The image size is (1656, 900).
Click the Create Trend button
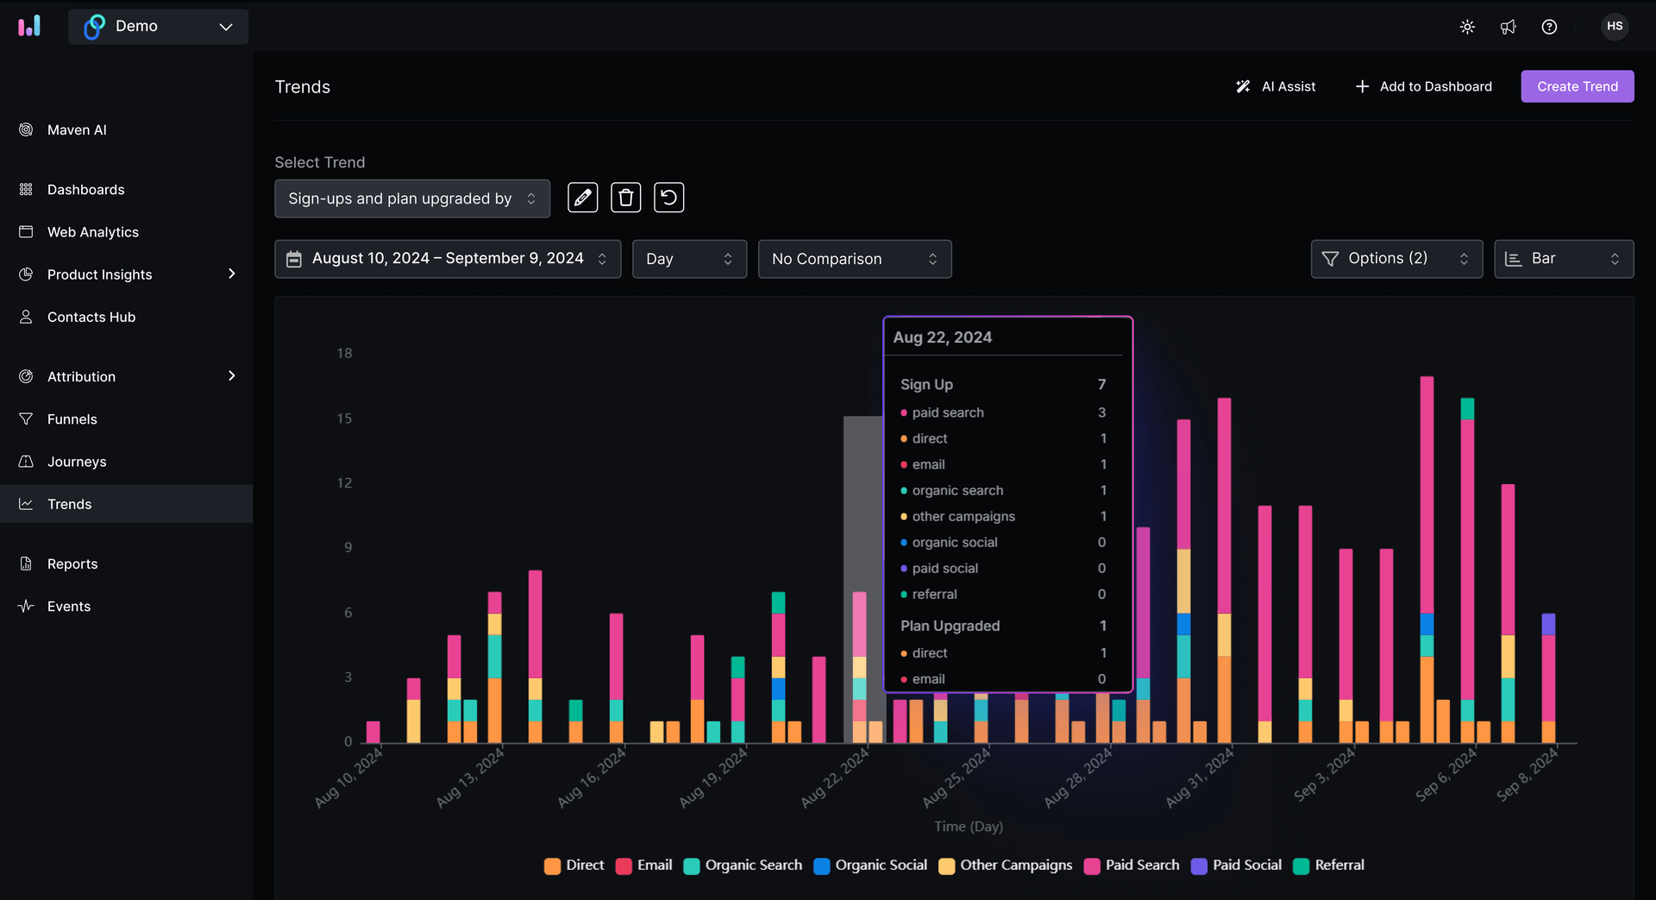(1577, 86)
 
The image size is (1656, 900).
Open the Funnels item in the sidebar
(72, 419)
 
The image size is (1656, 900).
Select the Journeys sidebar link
(77, 462)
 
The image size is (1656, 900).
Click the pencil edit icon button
(582, 198)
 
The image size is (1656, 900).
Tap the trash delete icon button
(625, 198)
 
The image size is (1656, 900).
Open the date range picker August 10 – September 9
(447, 259)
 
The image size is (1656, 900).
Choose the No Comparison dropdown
(854, 259)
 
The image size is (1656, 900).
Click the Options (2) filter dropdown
(1396, 259)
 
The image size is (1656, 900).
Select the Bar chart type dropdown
(1563, 259)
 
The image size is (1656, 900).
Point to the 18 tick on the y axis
(344, 353)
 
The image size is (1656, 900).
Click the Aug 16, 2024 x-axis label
(593, 777)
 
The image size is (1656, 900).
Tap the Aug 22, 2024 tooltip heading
(942, 337)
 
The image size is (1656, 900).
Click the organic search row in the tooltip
(957, 490)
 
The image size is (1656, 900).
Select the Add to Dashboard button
(1423, 86)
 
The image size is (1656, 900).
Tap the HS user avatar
(1615, 27)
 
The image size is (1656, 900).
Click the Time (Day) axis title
(968, 827)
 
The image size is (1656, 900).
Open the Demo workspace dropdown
(159, 27)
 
